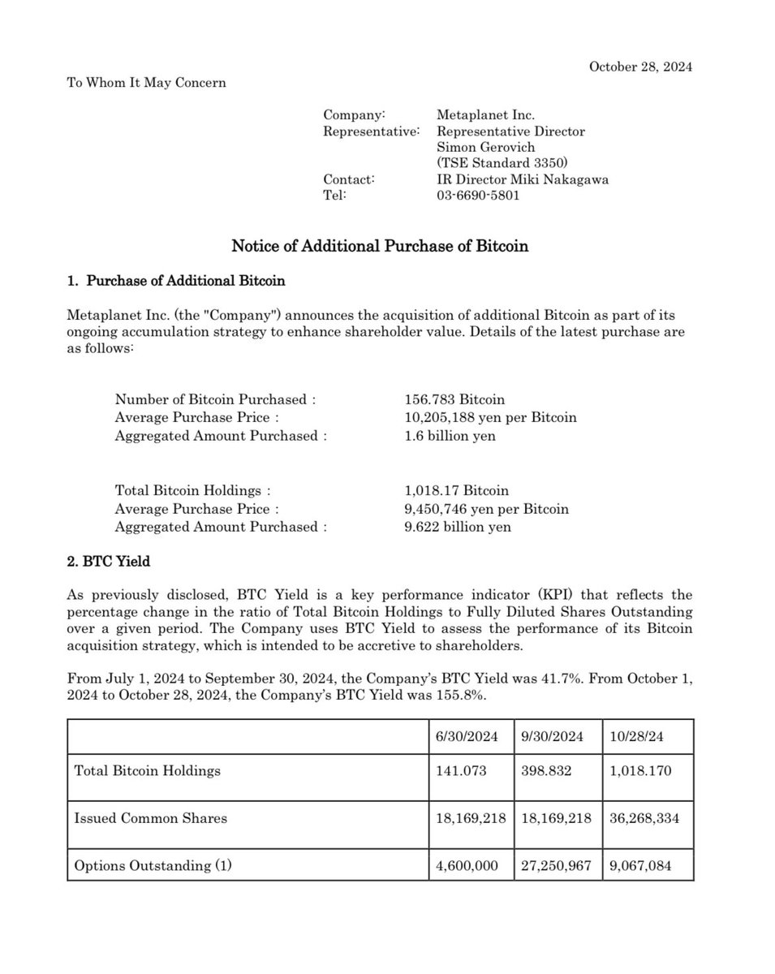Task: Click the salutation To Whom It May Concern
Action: pyautogui.click(x=146, y=82)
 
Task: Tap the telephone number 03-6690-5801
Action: pyautogui.click(x=478, y=195)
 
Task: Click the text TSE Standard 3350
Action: pyautogui.click(x=496, y=163)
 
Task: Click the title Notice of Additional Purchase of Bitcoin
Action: pyautogui.click(x=380, y=245)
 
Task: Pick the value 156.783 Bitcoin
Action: pyautogui.click(x=454, y=399)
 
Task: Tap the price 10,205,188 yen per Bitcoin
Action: pyautogui.click(x=490, y=417)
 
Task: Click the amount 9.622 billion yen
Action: pyautogui.click(x=458, y=527)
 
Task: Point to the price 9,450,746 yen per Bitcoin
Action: pyautogui.click(x=486, y=509)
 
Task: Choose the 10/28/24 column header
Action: pyautogui.click(x=637, y=737)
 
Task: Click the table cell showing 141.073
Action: pyautogui.click(x=462, y=770)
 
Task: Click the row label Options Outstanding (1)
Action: pyautogui.click(x=153, y=866)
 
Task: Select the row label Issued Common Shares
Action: pyautogui.click(x=150, y=818)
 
